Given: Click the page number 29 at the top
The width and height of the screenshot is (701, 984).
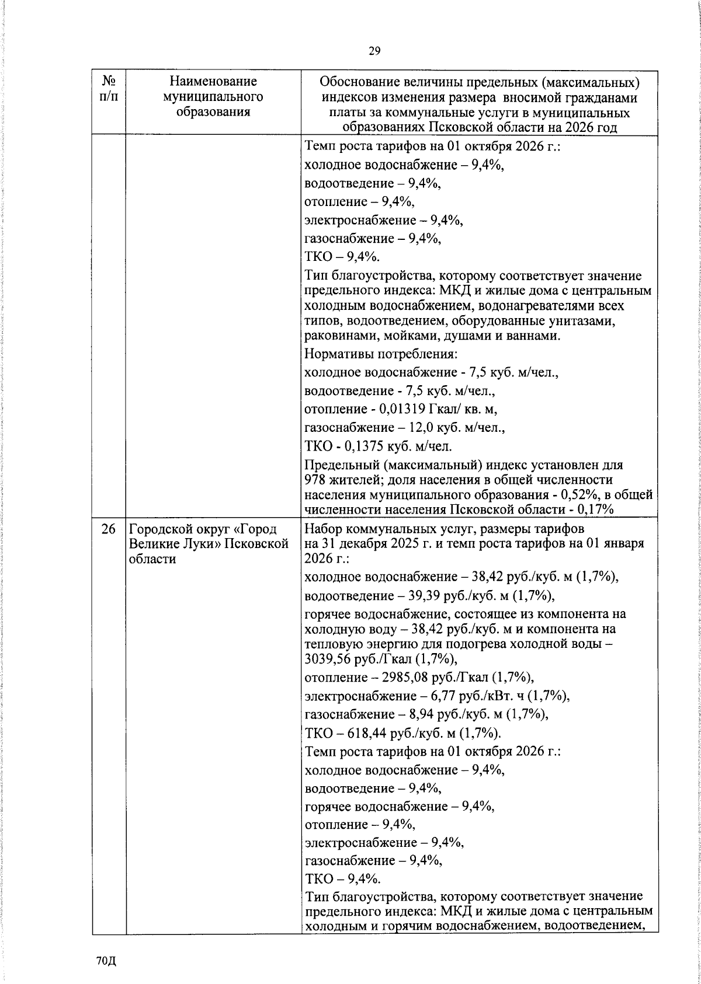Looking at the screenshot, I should [x=374, y=51].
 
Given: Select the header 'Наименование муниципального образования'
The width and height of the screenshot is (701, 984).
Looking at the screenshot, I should [x=213, y=96].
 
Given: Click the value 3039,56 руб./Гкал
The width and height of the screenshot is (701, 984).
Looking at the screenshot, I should [x=350, y=659].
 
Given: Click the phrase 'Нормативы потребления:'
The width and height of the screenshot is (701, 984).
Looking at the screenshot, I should [x=380, y=354].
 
